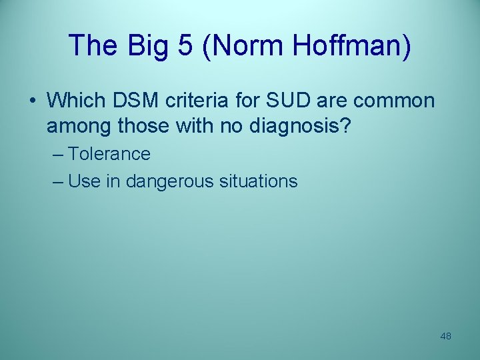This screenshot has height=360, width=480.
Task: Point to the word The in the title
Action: pos(90,45)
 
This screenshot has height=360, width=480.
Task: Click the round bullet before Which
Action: pos(32,101)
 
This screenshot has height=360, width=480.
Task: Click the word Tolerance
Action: pos(109,154)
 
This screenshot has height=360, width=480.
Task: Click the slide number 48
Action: pos(445,336)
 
